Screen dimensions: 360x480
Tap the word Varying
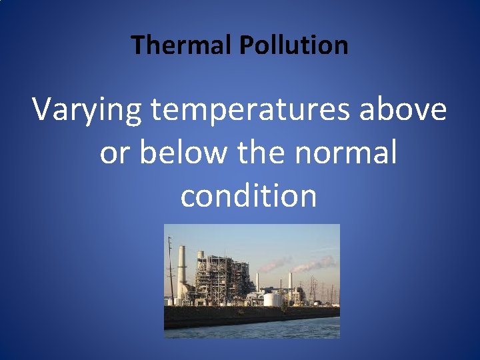(87, 109)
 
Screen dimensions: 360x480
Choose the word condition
(248, 196)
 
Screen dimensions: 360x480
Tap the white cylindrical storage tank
(271, 299)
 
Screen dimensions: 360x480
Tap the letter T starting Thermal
(138, 45)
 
